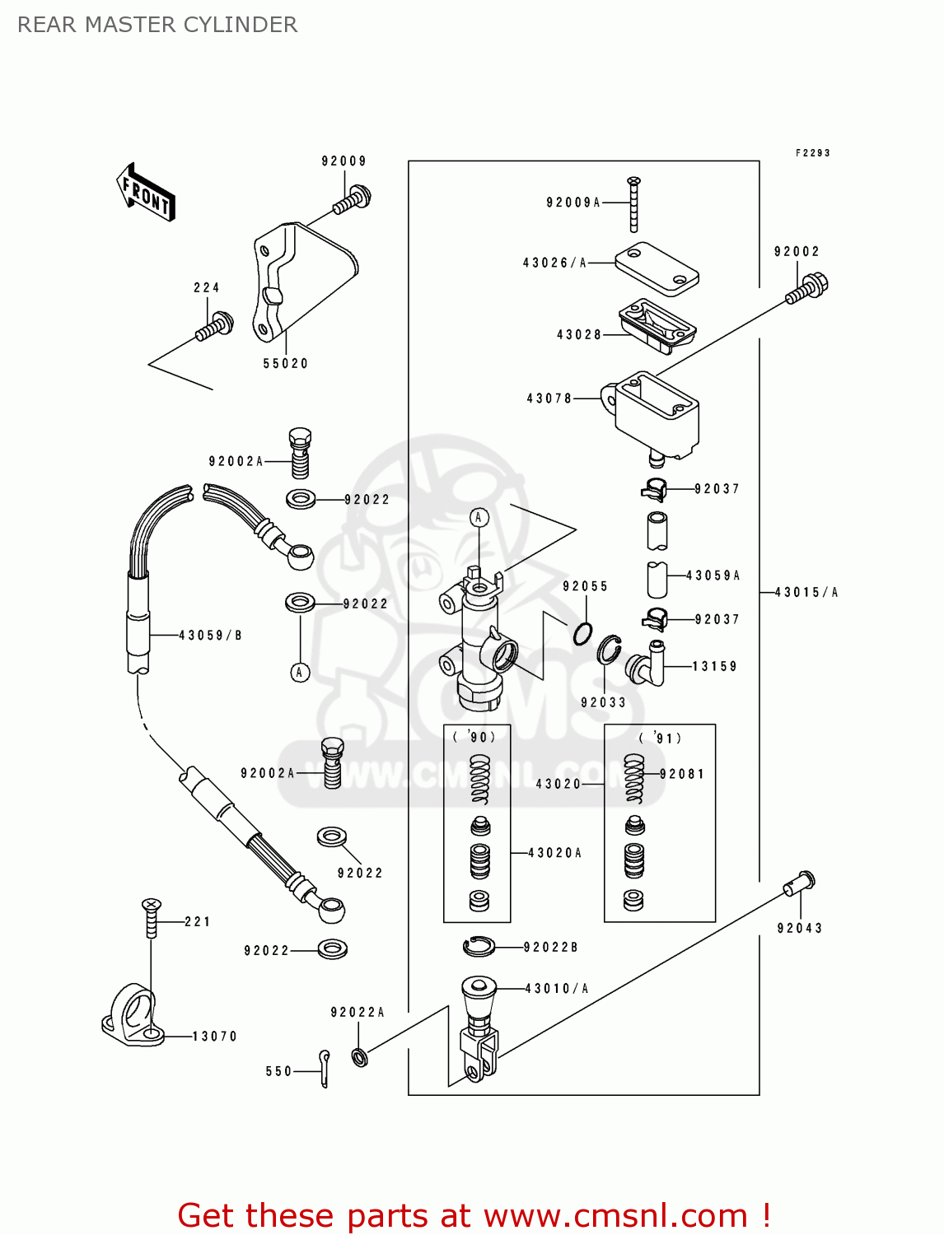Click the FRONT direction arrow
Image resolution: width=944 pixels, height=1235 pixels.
pos(146,193)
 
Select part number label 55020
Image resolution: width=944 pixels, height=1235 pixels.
pos(285,363)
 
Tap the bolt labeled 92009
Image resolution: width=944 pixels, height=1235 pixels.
pos(353,199)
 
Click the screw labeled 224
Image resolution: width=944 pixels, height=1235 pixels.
pos(215,326)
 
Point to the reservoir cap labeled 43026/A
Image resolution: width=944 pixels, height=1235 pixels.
pos(657,268)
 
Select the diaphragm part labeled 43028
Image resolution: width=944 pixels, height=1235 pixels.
pos(657,325)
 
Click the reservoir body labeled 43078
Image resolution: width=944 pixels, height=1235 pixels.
pos(655,416)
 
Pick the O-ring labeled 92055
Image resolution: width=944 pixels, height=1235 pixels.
pos(583,634)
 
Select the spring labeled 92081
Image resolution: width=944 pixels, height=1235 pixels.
pos(633,779)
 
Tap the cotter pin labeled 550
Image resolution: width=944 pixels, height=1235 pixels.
pos(325,1067)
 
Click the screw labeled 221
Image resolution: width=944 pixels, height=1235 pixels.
pos(151,918)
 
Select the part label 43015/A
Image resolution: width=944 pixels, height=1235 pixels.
pos(806,592)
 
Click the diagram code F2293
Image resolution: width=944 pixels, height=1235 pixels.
pos(812,153)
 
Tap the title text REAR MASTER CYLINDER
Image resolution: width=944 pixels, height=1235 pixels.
pos(157,25)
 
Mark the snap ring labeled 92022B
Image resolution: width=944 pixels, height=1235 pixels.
pos(479,947)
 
